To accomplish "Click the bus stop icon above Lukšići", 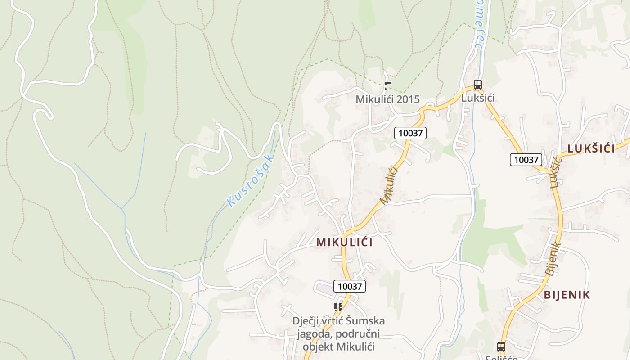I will pos(477,84).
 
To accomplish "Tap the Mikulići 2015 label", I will pos(387,99).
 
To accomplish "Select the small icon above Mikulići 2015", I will pos(388,85).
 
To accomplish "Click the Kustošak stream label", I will pos(251,180).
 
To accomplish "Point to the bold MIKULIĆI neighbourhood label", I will pos(344,242).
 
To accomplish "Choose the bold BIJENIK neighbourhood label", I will pos(567,295).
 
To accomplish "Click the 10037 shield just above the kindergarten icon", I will pos(350,286).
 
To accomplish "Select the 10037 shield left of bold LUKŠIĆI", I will pos(526,159).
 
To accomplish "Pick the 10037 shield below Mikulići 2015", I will pos(410,133).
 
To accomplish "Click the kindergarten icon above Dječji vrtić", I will pos(338,307).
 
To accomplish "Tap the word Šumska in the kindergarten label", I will pos(367,321).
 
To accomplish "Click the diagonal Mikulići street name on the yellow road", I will pos(390,185).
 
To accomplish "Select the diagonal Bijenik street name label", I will pos(553,259).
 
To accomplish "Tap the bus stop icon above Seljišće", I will pos(501,346).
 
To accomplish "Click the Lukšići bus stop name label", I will pos(478,98).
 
